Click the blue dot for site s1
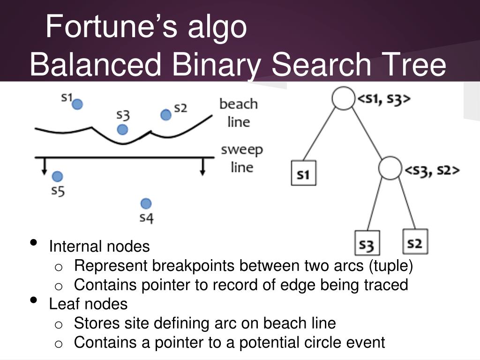78,104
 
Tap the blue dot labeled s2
165,115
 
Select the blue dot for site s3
122,129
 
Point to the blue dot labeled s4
146,203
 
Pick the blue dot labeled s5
57,176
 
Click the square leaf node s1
303,173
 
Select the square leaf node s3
367,243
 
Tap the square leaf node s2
415,242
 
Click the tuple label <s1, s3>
384,99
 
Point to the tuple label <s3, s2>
432,170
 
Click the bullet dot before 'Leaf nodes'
33,300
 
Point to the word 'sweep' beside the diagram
242,150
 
